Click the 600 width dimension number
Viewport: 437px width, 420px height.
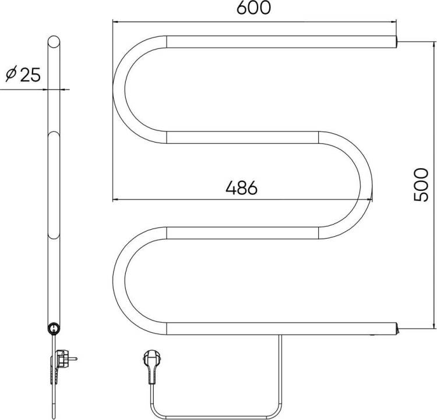pyautogui.click(x=253, y=8)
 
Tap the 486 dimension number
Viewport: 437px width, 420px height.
pyautogui.click(x=242, y=187)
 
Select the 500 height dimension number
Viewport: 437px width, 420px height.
pyautogui.click(x=420, y=185)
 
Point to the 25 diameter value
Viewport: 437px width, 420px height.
pyautogui.click(x=30, y=74)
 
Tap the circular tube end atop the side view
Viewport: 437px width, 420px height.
pyautogui.click(x=54, y=42)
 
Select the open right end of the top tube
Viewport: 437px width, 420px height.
pyautogui.click(x=396, y=42)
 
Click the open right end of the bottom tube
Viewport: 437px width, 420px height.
pyautogui.click(x=396, y=329)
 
